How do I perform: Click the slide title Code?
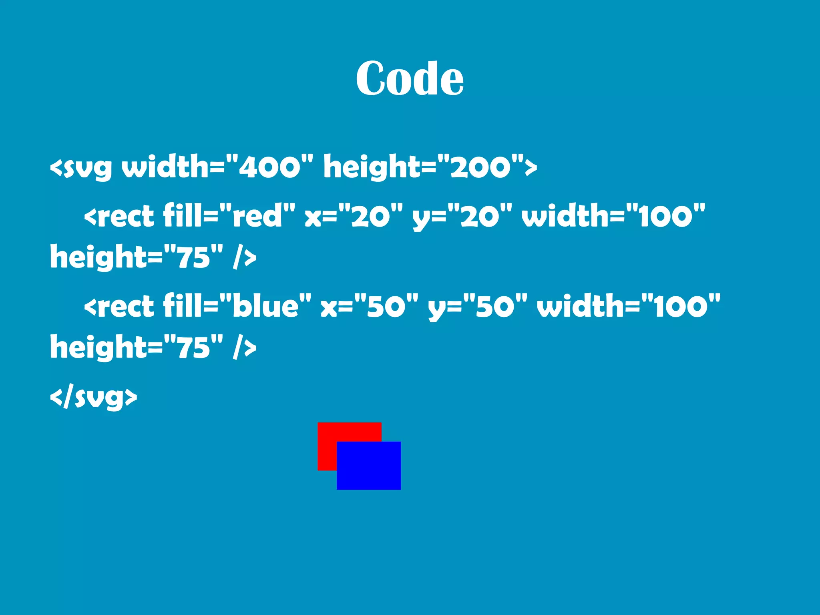pos(410,78)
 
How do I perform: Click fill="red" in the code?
pos(229,216)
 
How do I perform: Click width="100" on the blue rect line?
pos(629,306)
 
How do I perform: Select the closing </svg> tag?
pos(93,397)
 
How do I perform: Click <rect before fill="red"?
pos(119,217)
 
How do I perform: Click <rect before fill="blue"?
pos(119,307)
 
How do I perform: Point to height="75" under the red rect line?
pos(136,257)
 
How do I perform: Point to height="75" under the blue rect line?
pos(136,347)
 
